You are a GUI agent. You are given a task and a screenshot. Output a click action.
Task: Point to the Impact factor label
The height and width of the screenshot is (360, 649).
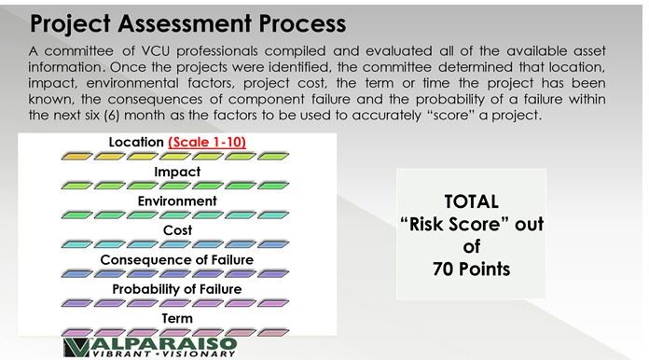[177, 172]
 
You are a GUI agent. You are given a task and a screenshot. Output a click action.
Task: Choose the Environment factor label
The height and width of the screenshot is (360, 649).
[177, 201]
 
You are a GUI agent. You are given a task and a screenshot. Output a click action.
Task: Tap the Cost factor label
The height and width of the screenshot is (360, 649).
[177, 229]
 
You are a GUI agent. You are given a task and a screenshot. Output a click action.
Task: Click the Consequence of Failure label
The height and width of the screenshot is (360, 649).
[177, 259]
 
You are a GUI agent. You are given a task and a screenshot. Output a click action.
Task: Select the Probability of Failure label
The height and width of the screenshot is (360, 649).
[177, 288]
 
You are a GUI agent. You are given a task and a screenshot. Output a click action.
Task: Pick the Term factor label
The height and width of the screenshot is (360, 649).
[177, 317]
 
